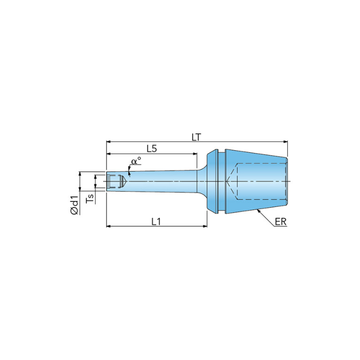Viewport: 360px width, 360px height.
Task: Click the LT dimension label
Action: [196, 137]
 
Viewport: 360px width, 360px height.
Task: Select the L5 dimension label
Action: [152, 149]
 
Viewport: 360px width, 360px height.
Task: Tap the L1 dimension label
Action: [156, 222]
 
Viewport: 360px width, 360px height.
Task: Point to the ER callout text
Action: [281, 222]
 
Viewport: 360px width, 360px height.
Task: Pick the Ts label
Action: [91, 199]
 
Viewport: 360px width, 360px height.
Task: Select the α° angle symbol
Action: [136, 161]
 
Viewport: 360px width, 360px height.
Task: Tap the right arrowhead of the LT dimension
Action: [286, 142]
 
